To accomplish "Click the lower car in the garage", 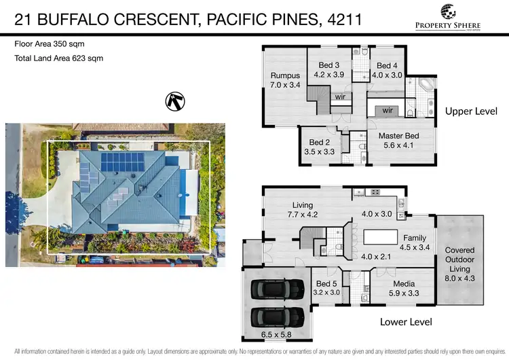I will [x=277, y=317].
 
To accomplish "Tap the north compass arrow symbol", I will [x=174, y=102].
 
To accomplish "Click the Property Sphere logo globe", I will [x=449, y=12].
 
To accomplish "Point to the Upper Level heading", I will [x=471, y=111].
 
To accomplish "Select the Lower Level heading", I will [x=406, y=321].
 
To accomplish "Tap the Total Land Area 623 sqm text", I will [x=58, y=58].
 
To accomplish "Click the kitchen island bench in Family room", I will [x=382, y=238].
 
